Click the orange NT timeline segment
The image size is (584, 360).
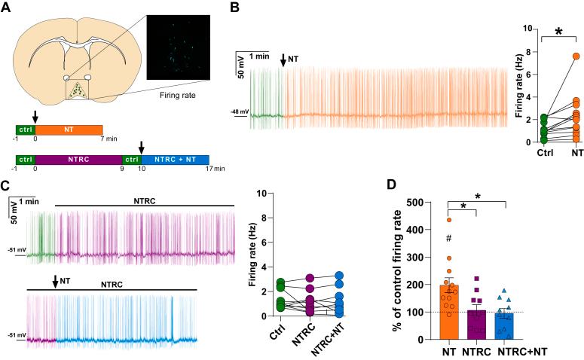pyautogui.click(x=64, y=130)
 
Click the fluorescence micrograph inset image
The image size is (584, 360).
pyautogui.click(x=175, y=49)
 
